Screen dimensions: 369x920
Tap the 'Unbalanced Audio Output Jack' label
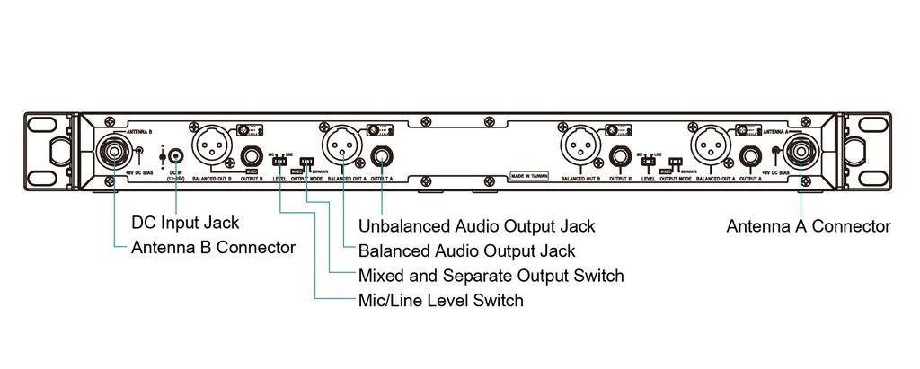(x=476, y=224)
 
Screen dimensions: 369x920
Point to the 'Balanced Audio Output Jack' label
(x=466, y=250)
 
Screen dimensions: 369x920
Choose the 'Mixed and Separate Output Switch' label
(x=491, y=275)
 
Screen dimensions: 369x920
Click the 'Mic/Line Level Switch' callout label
(x=440, y=299)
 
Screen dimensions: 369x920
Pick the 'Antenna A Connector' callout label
(x=809, y=226)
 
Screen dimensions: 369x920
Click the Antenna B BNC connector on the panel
(x=119, y=152)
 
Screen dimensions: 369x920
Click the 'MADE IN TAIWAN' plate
(x=528, y=176)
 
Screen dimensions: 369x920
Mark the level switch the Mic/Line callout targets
(x=282, y=162)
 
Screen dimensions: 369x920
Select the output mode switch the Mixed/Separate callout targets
(x=308, y=162)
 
